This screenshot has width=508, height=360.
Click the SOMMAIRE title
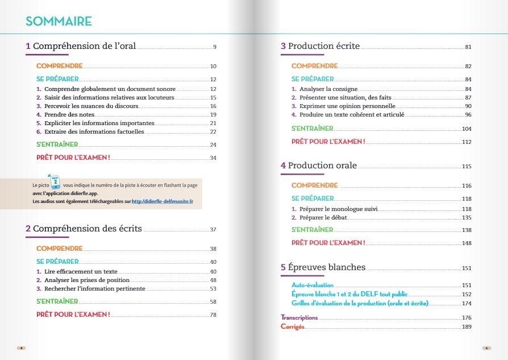[59, 22]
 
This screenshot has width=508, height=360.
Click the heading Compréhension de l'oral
[84, 46]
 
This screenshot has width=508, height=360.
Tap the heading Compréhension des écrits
[88, 229]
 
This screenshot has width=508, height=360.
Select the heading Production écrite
[323, 46]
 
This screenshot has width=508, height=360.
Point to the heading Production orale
[322, 165]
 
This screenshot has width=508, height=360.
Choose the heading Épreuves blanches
[326, 267]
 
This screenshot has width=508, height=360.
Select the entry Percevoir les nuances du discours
[91, 106]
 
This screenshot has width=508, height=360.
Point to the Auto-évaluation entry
[313, 285]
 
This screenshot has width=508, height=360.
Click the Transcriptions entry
[299, 317]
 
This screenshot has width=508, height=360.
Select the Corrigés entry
[293, 326]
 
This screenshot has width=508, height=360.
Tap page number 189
[467, 327]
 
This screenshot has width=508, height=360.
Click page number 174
[467, 304]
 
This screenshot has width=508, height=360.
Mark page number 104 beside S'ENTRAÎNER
[467, 129]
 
